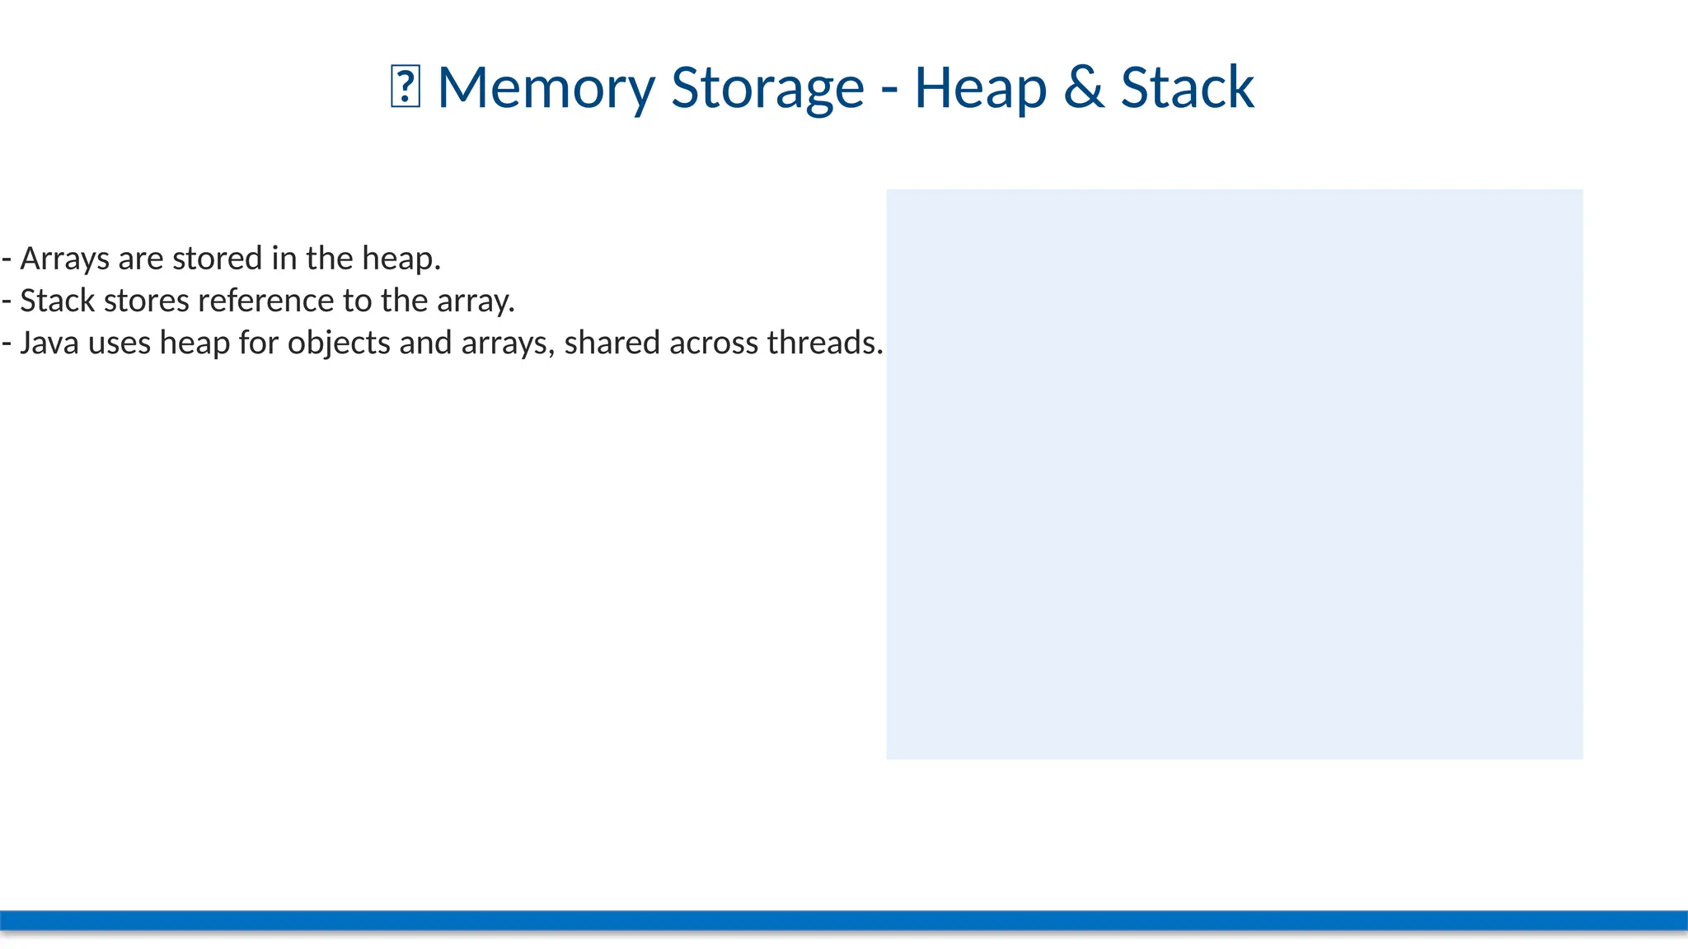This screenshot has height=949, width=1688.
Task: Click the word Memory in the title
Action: [546, 87]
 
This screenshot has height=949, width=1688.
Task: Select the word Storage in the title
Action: [767, 87]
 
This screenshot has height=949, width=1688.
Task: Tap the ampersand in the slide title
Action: [1083, 87]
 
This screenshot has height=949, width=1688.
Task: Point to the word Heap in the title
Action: [980, 87]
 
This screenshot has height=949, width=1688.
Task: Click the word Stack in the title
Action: [1187, 87]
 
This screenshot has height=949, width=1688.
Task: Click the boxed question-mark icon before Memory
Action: [405, 88]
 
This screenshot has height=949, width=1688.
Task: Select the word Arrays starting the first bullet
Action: [64, 259]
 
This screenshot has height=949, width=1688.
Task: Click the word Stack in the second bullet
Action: [57, 301]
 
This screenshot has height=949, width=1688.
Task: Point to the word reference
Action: [265, 301]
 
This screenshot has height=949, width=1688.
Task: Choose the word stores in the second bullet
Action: [146, 301]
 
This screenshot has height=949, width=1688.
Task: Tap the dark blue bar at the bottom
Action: [844, 920]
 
